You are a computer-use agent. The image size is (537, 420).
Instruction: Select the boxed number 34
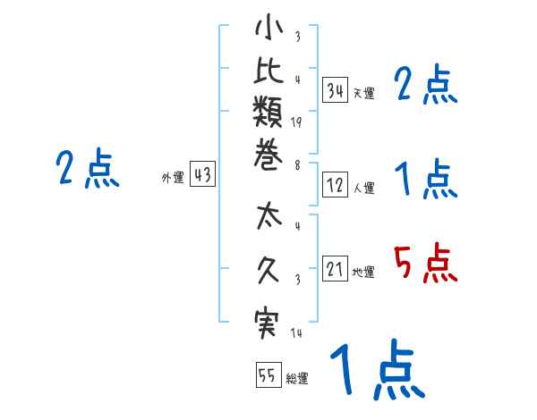pos(336,89)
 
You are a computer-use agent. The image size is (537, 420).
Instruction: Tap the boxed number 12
pos(336,185)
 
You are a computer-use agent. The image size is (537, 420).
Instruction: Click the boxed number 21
pos(336,268)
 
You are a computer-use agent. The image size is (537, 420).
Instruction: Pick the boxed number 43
pos(201,175)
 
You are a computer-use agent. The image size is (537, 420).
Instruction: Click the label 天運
pos(363,93)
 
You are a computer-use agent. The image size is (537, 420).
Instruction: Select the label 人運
pos(363,188)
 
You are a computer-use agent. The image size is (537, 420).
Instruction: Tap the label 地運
pos(363,272)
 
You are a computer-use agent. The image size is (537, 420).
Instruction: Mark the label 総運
pos(296,379)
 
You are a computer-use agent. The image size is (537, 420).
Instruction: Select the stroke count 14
pos(295,334)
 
